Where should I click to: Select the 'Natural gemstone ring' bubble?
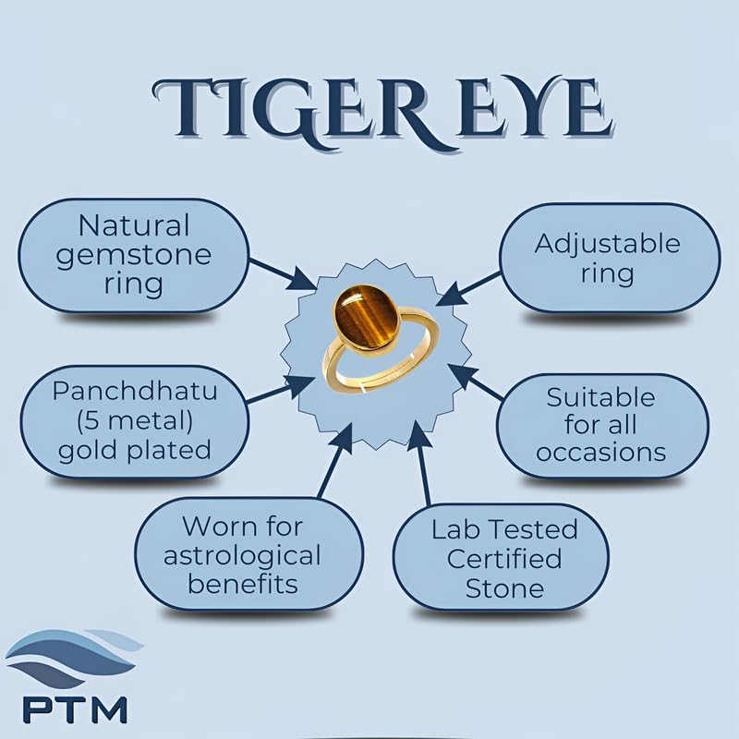click(134, 256)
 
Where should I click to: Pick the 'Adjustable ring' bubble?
click(610, 258)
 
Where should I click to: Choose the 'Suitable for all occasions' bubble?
click(602, 425)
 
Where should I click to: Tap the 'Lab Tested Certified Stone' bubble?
click(501, 558)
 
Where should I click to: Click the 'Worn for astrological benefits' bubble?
click(248, 554)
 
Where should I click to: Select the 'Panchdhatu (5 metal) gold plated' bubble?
click(134, 421)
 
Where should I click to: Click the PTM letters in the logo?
click(75, 709)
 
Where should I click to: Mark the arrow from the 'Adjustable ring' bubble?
click(468, 288)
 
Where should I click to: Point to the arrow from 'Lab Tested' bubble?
click(421, 464)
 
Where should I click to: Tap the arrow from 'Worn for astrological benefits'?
click(335, 460)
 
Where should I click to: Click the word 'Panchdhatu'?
click(134, 391)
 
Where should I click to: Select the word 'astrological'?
click(242, 557)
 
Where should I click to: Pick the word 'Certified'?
click(504, 559)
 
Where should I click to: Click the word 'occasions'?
click(601, 453)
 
